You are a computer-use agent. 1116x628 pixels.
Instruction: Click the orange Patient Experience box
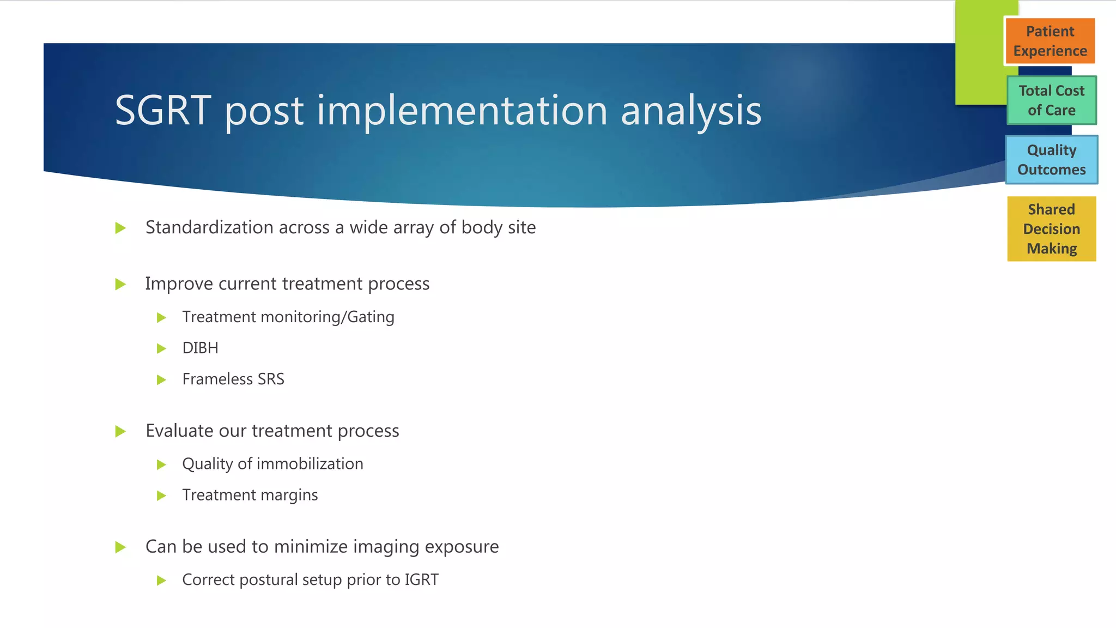(x=1050, y=41)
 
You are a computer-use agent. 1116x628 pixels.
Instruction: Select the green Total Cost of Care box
(x=1051, y=100)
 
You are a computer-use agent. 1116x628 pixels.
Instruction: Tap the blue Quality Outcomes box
(x=1051, y=160)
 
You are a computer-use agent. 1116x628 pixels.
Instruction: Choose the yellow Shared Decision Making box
(x=1051, y=229)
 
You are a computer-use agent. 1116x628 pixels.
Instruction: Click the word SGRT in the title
(x=162, y=111)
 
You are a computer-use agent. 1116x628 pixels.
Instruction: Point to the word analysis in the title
(x=690, y=111)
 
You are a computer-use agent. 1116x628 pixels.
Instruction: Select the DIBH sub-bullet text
(x=200, y=348)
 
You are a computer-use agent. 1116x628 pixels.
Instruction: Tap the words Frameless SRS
(x=233, y=379)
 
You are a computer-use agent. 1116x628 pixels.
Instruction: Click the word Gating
(x=371, y=317)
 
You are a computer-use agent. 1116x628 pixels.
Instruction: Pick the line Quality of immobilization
(x=272, y=464)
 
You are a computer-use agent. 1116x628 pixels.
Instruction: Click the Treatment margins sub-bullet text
(x=250, y=495)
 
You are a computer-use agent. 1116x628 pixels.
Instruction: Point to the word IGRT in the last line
(x=421, y=579)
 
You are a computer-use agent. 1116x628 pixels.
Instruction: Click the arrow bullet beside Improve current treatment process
(x=120, y=284)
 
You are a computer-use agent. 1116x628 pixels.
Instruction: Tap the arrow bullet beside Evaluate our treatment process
(x=120, y=432)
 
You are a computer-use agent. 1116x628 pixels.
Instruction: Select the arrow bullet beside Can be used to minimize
(x=120, y=547)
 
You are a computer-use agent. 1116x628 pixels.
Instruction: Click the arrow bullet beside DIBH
(x=161, y=348)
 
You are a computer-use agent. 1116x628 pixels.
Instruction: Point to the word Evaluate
(x=179, y=431)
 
